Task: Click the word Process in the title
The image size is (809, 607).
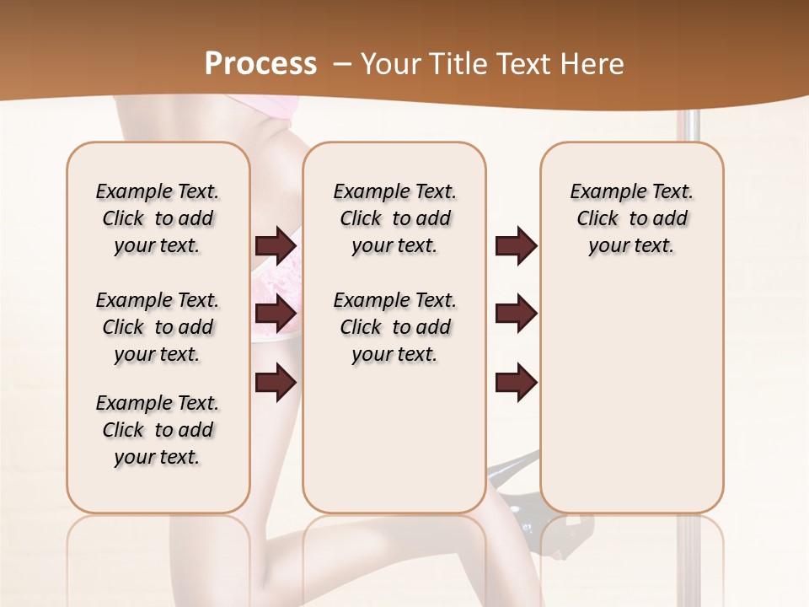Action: tap(260, 64)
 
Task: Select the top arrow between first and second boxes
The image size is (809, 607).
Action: tap(276, 246)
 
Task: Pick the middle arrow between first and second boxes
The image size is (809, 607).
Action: tap(276, 314)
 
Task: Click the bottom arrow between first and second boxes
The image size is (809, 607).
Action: tap(276, 382)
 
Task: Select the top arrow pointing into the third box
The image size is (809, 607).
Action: tap(516, 246)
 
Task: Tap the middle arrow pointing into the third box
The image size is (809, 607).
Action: tap(516, 314)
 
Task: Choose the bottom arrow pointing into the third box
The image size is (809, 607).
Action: tap(516, 382)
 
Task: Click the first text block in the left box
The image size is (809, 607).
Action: tap(158, 218)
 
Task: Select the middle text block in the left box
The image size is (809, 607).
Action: tap(158, 327)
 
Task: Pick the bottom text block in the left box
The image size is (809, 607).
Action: tap(158, 430)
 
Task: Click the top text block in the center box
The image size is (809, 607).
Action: tap(394, 218)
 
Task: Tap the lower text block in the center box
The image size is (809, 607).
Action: tap(394, 327)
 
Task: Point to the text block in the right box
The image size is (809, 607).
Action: tap(631, 218)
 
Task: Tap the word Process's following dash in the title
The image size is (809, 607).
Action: tap(342, 64)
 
